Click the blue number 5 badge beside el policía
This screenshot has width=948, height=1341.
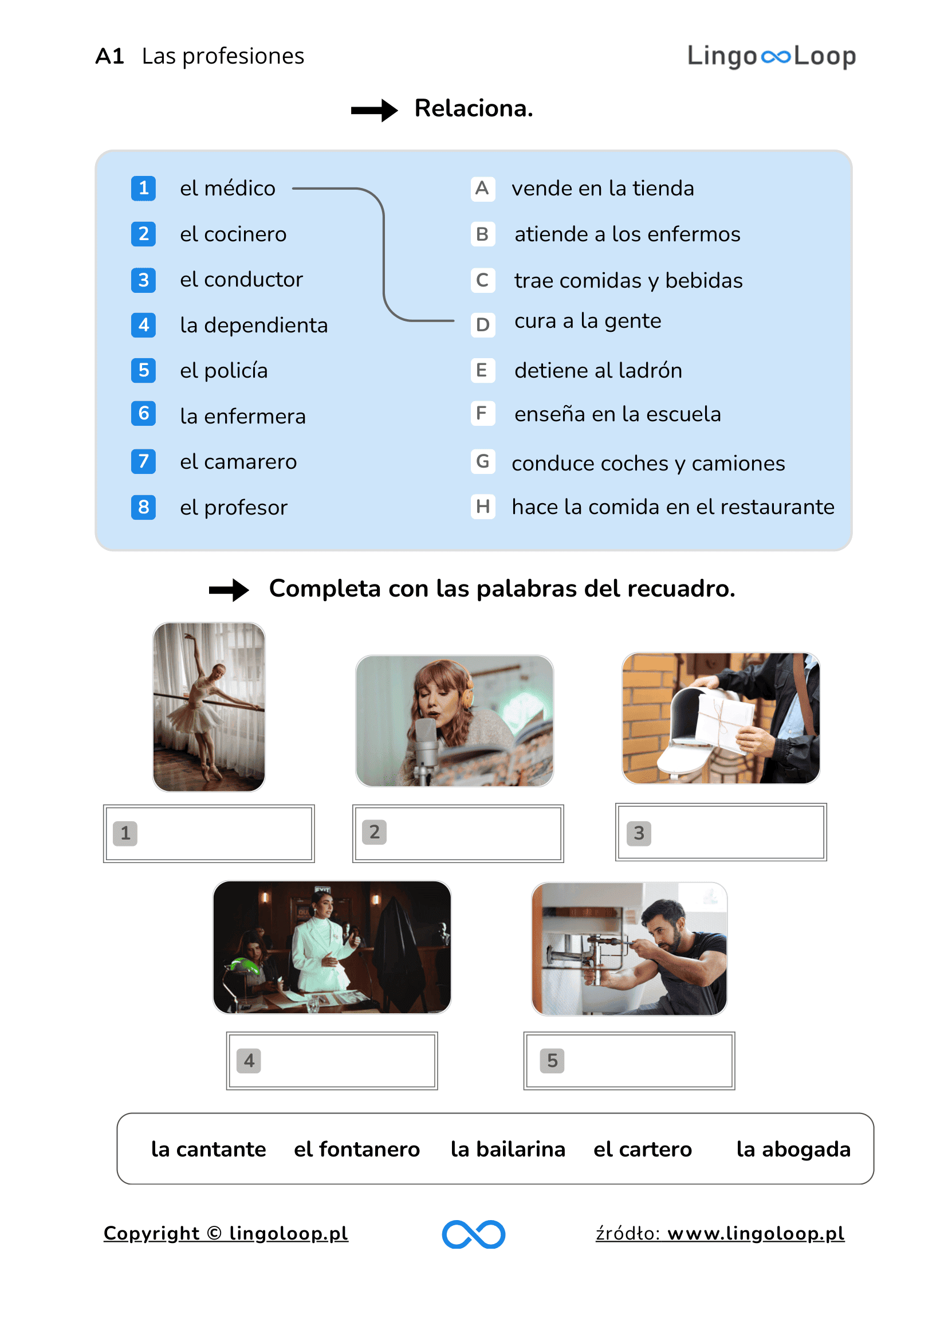click(143, 370)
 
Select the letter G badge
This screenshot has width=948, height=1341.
click(482, 461)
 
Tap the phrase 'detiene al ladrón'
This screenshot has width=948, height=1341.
click(598, 370)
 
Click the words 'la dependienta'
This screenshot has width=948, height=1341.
click(253, 326)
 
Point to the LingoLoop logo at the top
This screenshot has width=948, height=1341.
click(770, 56)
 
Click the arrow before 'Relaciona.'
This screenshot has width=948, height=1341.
click(373, 109)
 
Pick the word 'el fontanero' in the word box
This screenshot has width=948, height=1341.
click(357, 1149)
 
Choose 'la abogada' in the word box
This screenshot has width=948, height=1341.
click(793, 1149)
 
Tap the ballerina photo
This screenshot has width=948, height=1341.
click(209, 707)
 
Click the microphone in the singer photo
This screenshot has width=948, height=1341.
click(426, 742)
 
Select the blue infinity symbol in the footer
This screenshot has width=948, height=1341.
click(473, 1233)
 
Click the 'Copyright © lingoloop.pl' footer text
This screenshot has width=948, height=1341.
click(225, 1233)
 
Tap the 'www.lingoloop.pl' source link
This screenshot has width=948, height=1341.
click(756, 1233)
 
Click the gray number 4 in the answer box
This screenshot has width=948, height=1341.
click(249, 1060)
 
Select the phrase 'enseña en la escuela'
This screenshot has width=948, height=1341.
click(617, 414)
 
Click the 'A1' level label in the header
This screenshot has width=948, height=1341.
click(110, 56)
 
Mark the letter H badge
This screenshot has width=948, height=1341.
click(482, 507)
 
